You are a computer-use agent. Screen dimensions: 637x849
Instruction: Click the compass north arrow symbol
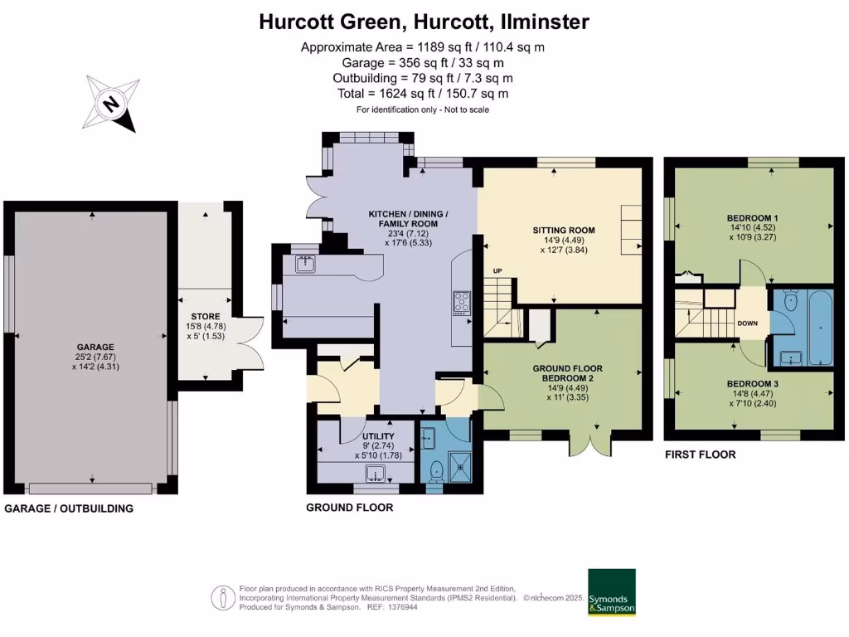(110, 105)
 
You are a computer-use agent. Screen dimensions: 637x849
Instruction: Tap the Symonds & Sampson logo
(612, 592)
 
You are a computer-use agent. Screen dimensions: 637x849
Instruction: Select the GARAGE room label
(95, 348)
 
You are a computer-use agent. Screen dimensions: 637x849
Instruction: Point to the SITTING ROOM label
(564, 230)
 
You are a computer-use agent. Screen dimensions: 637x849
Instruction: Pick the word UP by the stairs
(497, 271)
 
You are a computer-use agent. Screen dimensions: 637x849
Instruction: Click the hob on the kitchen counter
(461, 303)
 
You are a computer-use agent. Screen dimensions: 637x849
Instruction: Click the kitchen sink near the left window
(305, 265)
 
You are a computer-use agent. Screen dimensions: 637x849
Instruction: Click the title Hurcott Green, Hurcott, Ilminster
(424, 22)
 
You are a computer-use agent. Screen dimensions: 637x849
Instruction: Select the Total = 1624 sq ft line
(423, 94)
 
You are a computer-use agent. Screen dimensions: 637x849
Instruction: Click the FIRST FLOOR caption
(701, 455)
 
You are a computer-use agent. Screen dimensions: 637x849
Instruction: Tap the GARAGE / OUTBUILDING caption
(69, 508)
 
